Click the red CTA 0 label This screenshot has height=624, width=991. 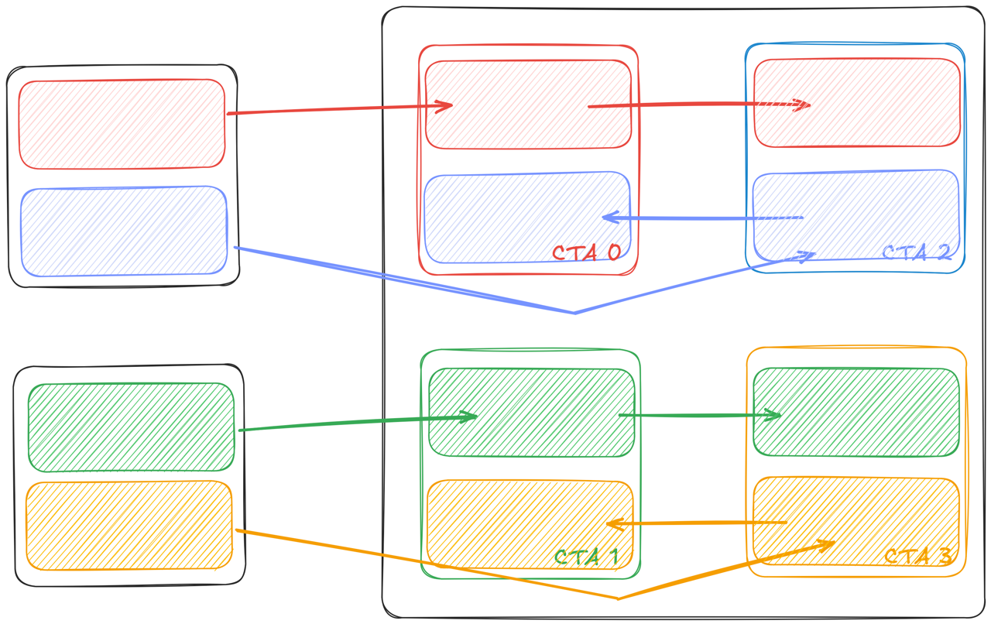coord(586,253)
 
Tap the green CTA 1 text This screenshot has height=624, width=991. coord(586,557)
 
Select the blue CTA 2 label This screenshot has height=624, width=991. coord(916,253)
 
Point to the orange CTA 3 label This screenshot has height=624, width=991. coord(917,557)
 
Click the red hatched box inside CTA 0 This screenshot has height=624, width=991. coord(528,105)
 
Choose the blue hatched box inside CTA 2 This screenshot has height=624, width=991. coord(856,215)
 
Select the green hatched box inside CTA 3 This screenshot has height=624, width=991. coord(856,412)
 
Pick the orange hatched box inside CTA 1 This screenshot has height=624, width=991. coord(530,523)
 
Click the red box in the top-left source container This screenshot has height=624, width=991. coord(122,124)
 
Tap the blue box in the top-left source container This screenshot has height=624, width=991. coord(124,231)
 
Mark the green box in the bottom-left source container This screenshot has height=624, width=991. coord(131,427)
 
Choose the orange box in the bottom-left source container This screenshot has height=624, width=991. coord(129,525)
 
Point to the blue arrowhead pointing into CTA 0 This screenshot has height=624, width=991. coord(609,218)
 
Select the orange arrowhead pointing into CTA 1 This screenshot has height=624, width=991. coord(612,524)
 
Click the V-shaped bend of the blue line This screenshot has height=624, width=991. coord(574,313)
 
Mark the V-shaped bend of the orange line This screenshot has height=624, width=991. coord(619,598)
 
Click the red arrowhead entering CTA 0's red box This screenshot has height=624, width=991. coord(447,105)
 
